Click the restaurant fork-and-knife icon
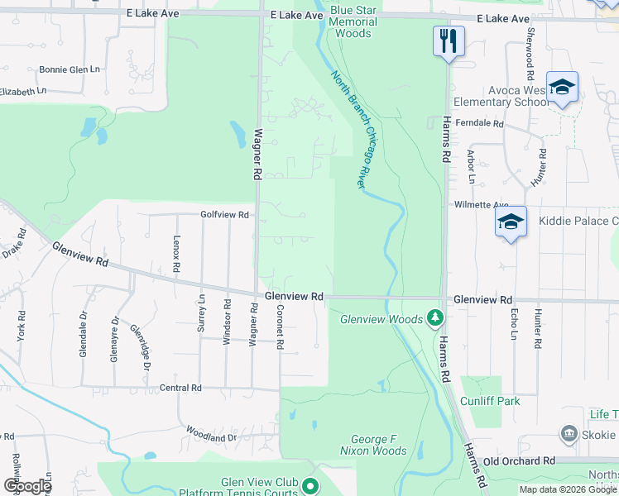(x=449, y=41)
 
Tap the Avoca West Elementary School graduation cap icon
(x=562, y=88)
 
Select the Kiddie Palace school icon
(x=511, y=222)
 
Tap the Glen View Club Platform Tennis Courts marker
(x=311, y=486)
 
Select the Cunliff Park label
(x=496, y=401)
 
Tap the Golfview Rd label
(x=224, y=214)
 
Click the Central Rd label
(x=180, y=387)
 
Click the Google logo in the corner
(x=27, y=486)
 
